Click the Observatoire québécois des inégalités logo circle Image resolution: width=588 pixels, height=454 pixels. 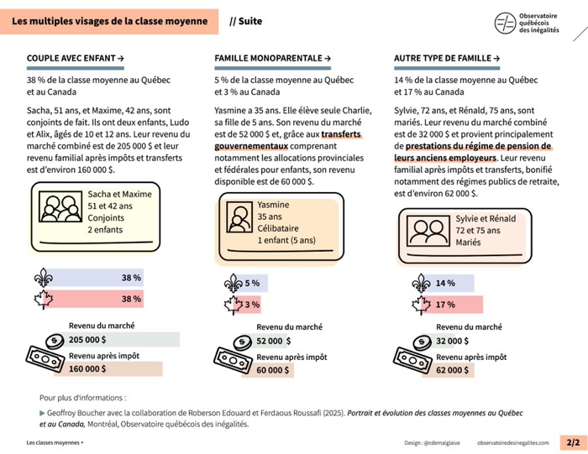506,23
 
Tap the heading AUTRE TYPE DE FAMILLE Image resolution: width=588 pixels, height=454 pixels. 447,58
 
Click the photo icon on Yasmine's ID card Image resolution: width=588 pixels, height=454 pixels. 239,219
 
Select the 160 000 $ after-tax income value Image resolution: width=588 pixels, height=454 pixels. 87,368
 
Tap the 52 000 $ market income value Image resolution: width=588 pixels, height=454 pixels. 273,341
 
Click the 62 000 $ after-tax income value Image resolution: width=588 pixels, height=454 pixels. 452,369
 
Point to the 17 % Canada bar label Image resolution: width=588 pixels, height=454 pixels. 445,305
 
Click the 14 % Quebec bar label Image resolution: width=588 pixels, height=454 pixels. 445,284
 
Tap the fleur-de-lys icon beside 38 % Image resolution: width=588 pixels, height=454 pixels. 42,278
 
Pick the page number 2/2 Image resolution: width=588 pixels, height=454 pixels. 573,442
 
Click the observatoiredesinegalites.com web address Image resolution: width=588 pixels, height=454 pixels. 512,442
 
